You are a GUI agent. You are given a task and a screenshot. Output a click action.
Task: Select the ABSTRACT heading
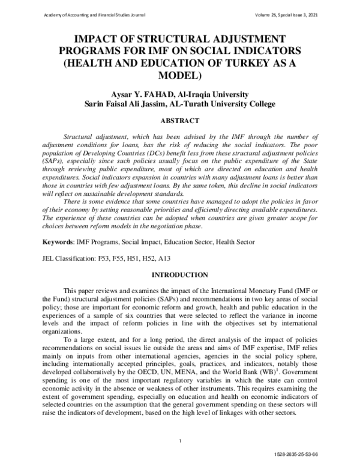180,121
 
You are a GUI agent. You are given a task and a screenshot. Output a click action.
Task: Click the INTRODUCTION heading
180,274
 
